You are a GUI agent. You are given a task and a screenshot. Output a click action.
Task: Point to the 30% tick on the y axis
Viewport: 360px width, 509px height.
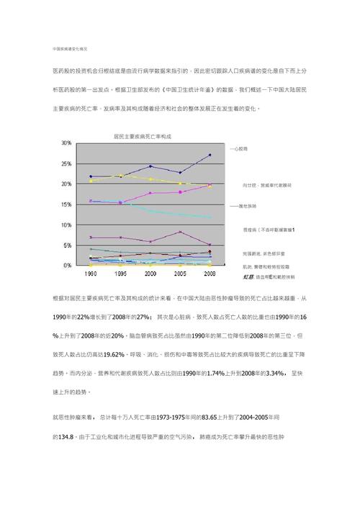click(x=66, y=143)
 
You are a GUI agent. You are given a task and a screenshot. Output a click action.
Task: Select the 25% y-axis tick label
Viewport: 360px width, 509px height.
click(x=66, y=164)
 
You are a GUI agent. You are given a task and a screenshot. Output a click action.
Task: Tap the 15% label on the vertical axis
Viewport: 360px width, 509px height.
click(x=66, y=204)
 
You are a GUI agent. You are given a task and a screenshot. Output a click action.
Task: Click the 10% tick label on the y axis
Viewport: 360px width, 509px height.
click(x=66, y=225)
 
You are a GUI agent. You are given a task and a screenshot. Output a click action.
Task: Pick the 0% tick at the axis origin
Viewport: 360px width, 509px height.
click(x=68, y=266)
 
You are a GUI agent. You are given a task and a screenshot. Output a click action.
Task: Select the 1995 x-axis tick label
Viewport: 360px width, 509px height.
click(x=121, y=274)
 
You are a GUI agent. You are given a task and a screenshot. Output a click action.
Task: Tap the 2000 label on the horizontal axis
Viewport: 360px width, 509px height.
click(x=150, y=274)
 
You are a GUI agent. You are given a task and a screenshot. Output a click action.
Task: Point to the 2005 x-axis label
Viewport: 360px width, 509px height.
click(x=180, y=274)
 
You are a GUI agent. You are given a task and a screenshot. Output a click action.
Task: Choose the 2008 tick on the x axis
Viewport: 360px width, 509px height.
click(x=209, y=274)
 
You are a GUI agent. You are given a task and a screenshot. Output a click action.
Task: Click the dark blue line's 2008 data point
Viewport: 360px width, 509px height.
click(x=210, y=155)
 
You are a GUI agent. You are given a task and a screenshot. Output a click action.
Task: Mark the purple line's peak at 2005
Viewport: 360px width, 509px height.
click(x=180, y=232)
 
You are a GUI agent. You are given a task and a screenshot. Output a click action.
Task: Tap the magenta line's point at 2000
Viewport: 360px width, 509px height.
click(x=150, y=193)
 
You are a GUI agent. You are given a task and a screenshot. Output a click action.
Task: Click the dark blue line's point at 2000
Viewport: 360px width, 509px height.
click(x=150, y=166)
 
